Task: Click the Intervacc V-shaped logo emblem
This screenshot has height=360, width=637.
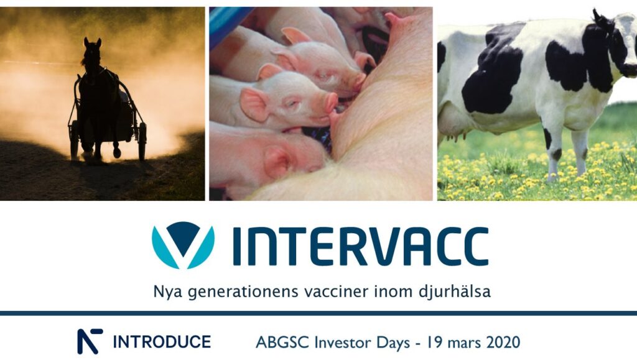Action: pos(183,245)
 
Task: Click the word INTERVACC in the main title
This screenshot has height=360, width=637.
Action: pos(360,246)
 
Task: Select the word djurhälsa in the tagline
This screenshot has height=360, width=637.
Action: pos(454,292)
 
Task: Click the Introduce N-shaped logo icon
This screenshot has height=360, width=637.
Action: pos(90,341)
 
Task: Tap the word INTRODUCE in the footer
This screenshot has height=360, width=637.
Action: pos(162,342)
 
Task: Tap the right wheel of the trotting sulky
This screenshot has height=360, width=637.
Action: pos(142,141)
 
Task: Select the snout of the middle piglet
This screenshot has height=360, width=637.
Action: pos(331,102)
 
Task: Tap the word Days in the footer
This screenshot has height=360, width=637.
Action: pos(393,343)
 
